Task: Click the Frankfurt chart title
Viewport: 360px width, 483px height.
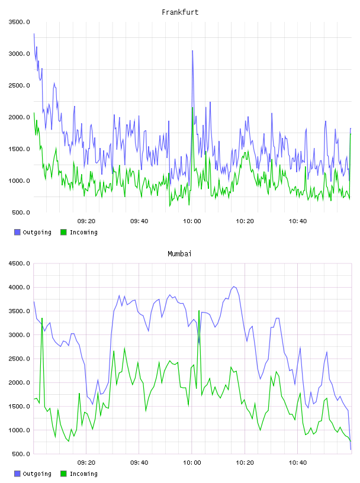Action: pyautogui.click(x=180, y=12)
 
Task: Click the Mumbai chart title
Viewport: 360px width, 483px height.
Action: pyautogui.click(x=179, y=254)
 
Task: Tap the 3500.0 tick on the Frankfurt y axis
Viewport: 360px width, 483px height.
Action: pyautogui.click(x=20, y=22)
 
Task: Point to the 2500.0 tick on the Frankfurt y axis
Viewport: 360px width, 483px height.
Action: pyautogui.click(x=20, y=85)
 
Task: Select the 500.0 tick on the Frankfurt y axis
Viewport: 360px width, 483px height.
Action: pyautogui.click(x=21, y=212)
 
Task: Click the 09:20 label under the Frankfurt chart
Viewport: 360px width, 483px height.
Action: pyautogui.click(x=86, y=221)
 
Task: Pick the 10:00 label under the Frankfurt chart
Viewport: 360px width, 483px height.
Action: pyautogui.click(x=192, y=221)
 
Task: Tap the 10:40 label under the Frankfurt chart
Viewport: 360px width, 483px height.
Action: pyautogui.click(x=298, y=221)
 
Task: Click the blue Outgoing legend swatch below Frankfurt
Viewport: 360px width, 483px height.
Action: pyautogui.click(x=17, y=232)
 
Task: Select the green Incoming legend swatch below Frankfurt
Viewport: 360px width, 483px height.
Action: pyautogui.click(x=63, y=232)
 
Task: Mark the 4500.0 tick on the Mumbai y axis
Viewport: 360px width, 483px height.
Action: pyautogui.click(x=20, y=263)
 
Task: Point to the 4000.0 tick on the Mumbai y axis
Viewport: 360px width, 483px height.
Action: pyautogui.click(x=20, y=288)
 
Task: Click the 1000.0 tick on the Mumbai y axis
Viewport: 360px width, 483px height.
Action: pyautogui.click(x=20, y=430)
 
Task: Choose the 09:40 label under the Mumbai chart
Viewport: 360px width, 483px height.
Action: pyautogui.click(x=139, y=463)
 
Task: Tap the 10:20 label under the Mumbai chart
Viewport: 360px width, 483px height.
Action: pyautogui.click(x=245, y=463)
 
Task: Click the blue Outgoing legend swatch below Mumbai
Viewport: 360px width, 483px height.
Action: pyautogui.click(x=17, y=474)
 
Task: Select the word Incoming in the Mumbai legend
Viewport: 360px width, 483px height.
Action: pyautogui.click(x=83, y=474)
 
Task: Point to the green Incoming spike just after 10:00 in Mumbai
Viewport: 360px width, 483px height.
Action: pyautogui.click(x=199, y=311)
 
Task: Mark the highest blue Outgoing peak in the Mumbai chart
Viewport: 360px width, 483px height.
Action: pyautogui.click(x=234, y=286)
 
